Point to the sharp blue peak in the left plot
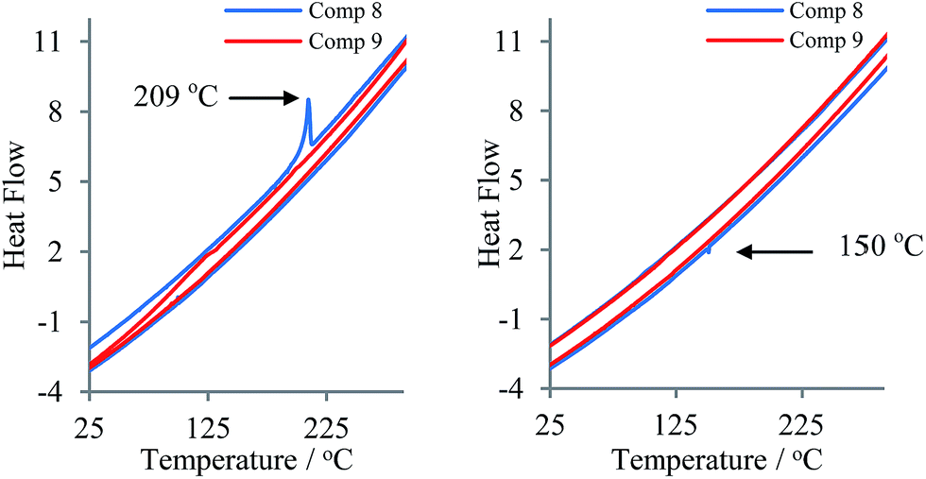(308, 100)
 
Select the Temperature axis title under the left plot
(248, 460)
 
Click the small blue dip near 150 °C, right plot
(709, 249)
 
